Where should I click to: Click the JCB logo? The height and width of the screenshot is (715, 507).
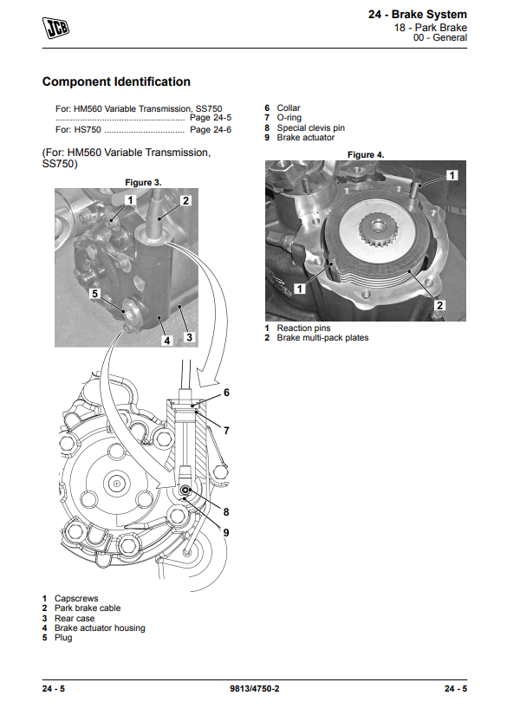tap(55, 28)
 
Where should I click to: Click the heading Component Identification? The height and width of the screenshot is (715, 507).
tap(116, 82)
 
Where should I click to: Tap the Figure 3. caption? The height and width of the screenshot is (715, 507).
tap(143, 182)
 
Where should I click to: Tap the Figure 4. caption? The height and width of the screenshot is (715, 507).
tap(366, 155)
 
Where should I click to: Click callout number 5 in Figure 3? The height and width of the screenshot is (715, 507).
tap(94, 294)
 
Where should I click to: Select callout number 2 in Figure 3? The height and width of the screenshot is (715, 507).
tap(185, 201)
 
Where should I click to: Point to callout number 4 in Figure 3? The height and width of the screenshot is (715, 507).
tap(167, 341)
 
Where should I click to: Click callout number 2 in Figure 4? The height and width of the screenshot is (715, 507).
tap(439, 305)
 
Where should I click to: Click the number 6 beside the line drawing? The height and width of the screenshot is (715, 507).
tap(226, 393)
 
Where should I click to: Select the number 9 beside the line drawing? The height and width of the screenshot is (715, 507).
tap(226, 533)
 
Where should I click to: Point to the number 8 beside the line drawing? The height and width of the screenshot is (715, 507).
tap(226, 512)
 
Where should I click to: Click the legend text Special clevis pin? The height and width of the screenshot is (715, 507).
tap(311, 128)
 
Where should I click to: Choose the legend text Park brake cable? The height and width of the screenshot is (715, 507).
tap(88, 608)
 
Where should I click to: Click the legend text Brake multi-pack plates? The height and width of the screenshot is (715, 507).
tap(322, 338)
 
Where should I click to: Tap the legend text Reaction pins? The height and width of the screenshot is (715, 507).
tap(303, 328)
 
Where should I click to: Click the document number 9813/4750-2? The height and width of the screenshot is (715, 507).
tap(255, 688)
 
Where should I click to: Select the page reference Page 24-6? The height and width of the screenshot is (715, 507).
tap(211, 130)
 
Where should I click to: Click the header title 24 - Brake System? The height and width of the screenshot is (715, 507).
tap(418, 15)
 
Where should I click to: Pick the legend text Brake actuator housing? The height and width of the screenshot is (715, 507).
tap(100, 628)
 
